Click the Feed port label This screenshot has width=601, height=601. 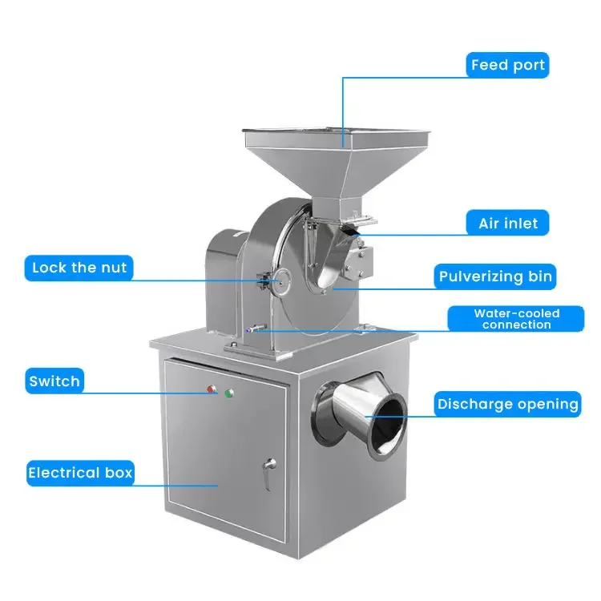[x=508, y=65]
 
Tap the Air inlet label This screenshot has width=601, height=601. [x=508, y=223]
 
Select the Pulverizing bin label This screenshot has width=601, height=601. [x=495, y=277]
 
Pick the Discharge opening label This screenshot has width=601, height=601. [x=507, y=404]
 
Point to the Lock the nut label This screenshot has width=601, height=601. [x=79, y=268]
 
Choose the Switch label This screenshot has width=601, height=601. [x=54, y=381]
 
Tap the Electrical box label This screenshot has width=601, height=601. [x=79, y=473]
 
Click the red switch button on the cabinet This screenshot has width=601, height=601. [x=212, y=390]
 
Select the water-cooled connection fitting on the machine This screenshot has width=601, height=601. [x=253, y=328]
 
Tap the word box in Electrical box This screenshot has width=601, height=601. [x=117, y=473]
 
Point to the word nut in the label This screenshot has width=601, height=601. [x=114, y=268]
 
